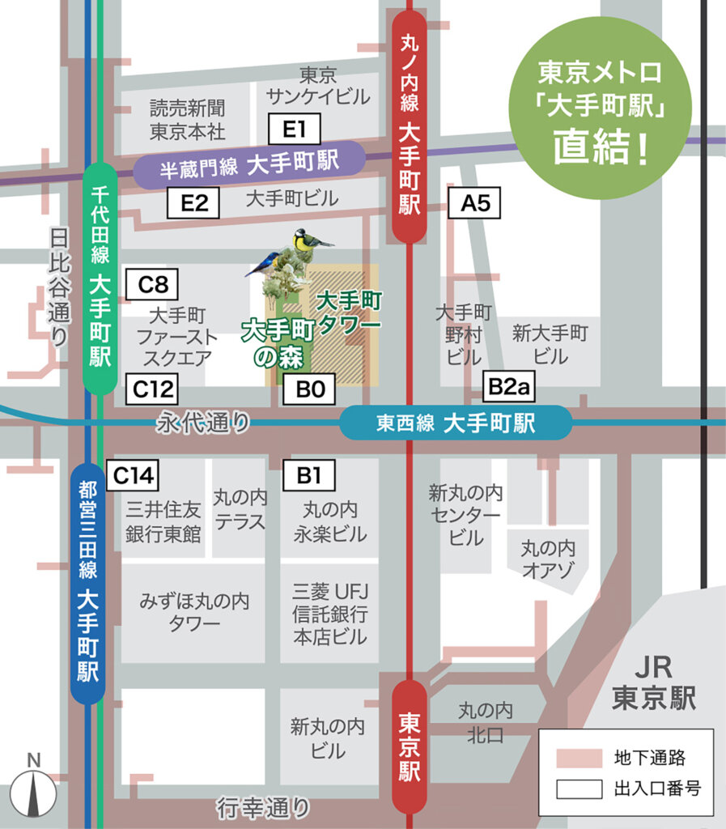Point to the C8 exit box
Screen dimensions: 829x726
pyautogui.click(x=152, y=285)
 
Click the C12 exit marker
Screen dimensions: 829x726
pyautogui.click(x=153, y=389)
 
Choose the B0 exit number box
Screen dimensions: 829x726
pyautogui.click(x=309, y=389)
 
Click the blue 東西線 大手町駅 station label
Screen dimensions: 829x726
pyautogui.click(x=456, y=423)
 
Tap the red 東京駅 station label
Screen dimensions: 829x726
pyautogui.click(x=410, y=746)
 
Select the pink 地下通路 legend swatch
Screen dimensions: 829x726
pyautogui.click(x=579, y=758)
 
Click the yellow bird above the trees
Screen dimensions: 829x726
pyautogui.click(x=309, y=240)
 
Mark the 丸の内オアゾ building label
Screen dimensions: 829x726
pyautogui.click(x=549, y=559)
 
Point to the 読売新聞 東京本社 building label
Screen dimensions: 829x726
pyautogui.click(x=187, y=118)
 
